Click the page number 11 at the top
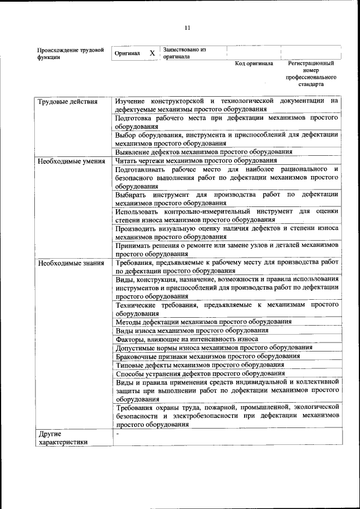[187, 26]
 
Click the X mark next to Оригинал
[152, 53]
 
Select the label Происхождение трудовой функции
[70, 53]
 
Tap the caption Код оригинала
[254, 64]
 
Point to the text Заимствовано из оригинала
[184, 53]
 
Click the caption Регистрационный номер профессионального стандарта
[310, 74]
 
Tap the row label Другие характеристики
[62, 438]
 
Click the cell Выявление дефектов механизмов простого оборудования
[204, 152]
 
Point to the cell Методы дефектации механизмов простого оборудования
[203, 322]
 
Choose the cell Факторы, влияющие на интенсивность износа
[187, 339]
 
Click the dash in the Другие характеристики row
[118, 434]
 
